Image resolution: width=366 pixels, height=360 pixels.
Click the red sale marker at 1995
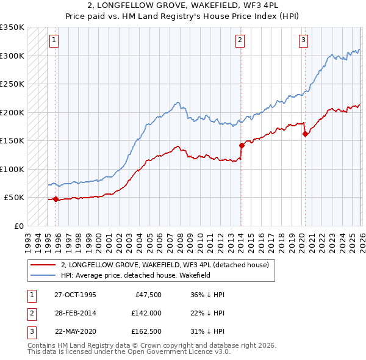pyautogui.click(x=56, y=199)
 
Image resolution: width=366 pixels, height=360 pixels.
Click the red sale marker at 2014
pyautogui.click(x=241, y=145)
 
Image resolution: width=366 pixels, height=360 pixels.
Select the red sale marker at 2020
pyautogui.click(x=304, y=134)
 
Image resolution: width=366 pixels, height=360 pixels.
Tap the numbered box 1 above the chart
pyautogui.click(x=54, y=40)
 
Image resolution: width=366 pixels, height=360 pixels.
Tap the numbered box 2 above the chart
pyautogui.click(x=240, y=40)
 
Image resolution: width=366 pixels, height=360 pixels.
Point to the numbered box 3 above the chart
pyautogui.click(x=303, y=40)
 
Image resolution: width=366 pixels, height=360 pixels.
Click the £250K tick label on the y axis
pyautogui.click(x=12, y=84)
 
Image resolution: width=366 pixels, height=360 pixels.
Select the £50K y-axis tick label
pyautogui.click(x=14, y=198)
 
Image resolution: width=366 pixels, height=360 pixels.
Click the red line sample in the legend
pyautogui.click(x=43, y=265)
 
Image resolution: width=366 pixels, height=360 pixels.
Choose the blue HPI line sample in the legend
pyautogui.click(x=43, y=276)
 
